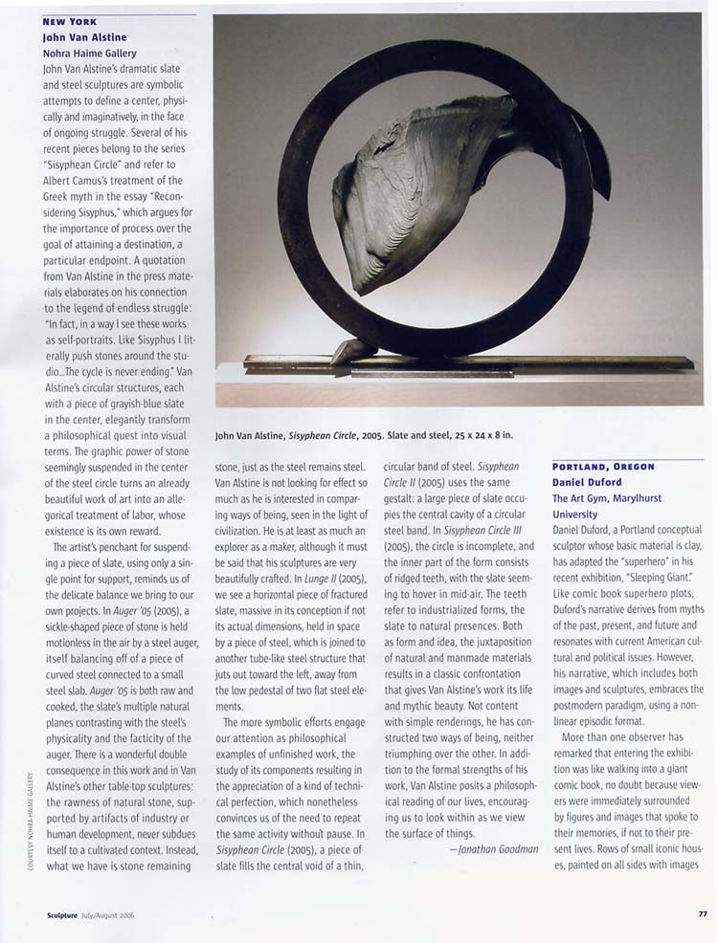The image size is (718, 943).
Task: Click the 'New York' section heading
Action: pos(69,21)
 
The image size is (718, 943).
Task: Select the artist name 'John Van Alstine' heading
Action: pos(84,37)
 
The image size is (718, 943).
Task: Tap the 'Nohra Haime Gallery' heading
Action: pos(90,54)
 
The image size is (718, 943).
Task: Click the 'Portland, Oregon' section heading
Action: pos(603,467)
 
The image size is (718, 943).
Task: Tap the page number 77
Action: pos(702,914)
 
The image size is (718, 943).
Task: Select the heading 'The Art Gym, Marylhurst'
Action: pos(606,498)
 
